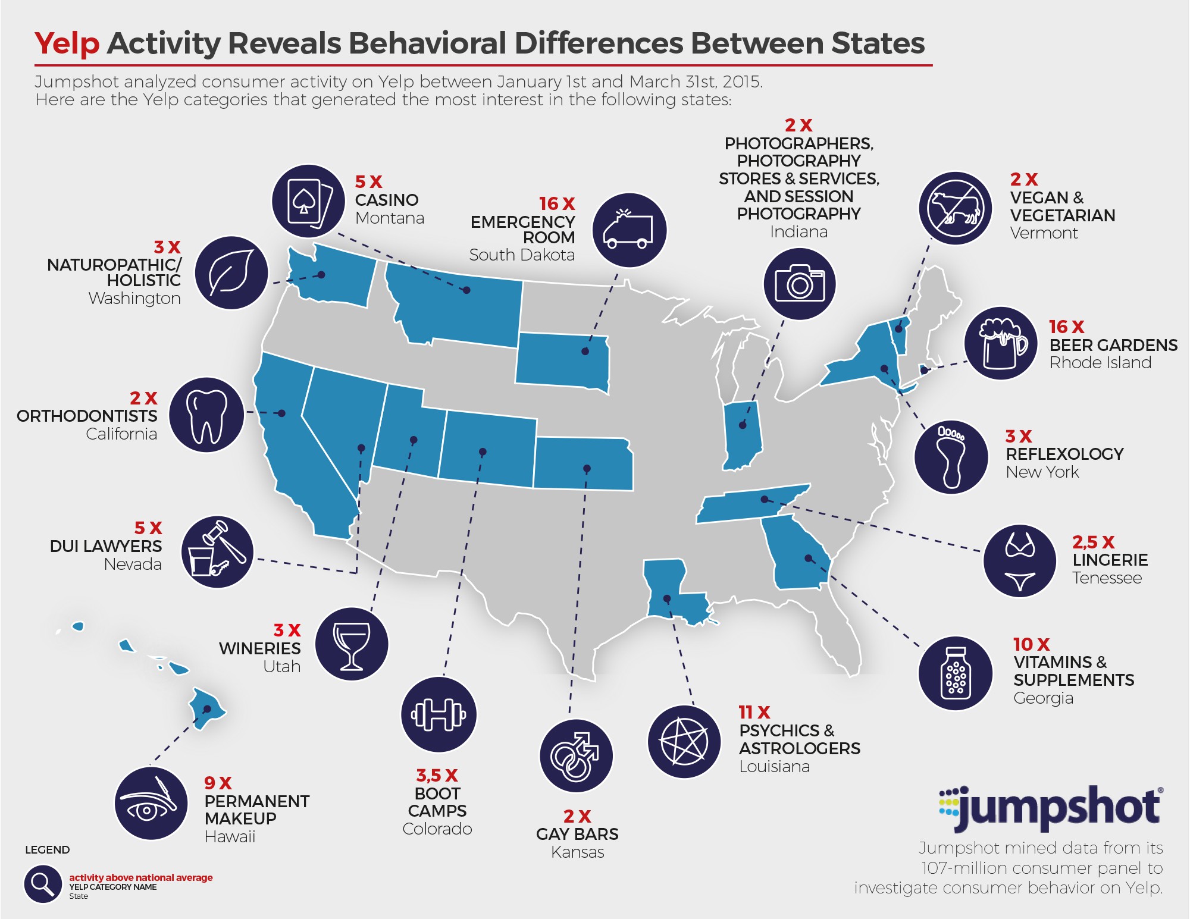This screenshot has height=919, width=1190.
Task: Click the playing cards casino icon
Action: pyautogui.click(x=308, y=201)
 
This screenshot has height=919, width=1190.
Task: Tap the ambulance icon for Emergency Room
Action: pyautogui.click(x=629, y=230)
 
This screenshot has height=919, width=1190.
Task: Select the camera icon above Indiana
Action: pyautogui.click(x=799, y=284)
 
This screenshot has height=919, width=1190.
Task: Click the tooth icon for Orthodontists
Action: pyautogui.click(x=206, y=415)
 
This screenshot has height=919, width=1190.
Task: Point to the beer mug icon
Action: pyautogui.click(x=1001, y=343)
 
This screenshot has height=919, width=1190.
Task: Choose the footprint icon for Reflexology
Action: pyautogui.click(x=951, y=456)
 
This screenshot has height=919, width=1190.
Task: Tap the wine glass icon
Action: pyautogui.click(x=351, y=644)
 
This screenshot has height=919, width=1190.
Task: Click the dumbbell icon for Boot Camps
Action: pyautogui.click(x=439, y=714)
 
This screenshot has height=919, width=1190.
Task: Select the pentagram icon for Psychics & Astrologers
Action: pyautogui.click(x=684, y=741)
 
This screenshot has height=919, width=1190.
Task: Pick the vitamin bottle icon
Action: pyautogui.click(x=956, y=673)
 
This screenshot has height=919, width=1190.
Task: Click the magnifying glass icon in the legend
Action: pyautogui.click(x=42, y=884)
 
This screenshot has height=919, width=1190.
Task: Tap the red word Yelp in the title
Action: pyautogui.click(x=67, y=43)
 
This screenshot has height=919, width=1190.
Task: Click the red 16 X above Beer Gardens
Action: pyautogui.click(x=1066, y=327)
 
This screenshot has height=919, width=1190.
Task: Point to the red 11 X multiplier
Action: pyautogui.click(x=754, y=712)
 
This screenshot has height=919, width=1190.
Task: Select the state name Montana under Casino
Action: pyautogui.click(x=389, y=218)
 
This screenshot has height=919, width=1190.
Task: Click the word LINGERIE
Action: pyautogui.click(x=1110, y=560)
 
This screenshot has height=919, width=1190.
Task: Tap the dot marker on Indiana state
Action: pyautogui.click(x=743, y=425)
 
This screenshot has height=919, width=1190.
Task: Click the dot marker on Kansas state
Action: pyautogui.click(x=587, y=469)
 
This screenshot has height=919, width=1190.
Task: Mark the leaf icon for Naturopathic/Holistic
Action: pyautogui.click(x=231, y=272)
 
